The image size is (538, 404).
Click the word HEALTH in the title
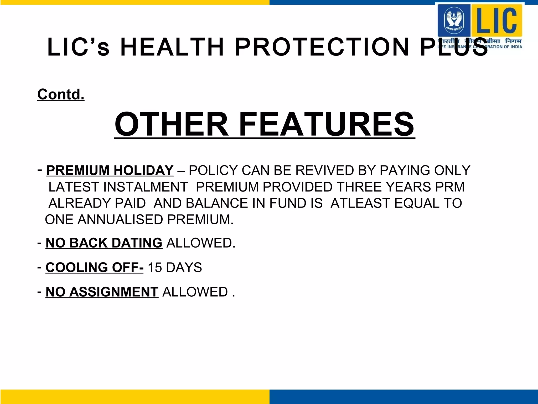coord(172,47)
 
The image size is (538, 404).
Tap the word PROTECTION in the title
coord(322,47)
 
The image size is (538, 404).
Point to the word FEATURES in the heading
coord(327,124)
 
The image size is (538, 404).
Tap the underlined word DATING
coord(137,243)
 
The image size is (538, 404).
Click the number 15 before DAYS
coord(155,267)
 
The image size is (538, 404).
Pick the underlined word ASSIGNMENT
coord(113,292)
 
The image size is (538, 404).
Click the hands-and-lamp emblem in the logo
coord(454,20)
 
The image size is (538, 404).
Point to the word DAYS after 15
coord(184,267)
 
